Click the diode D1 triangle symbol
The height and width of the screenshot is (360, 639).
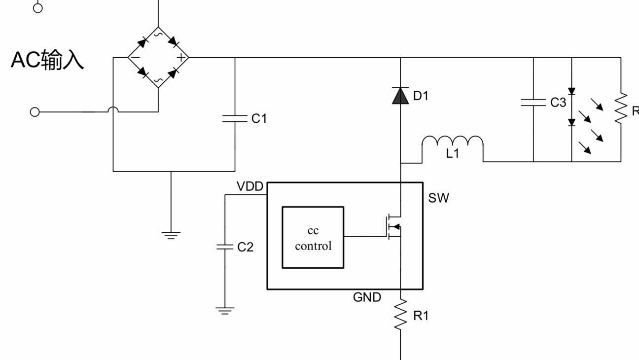(x=400, y=96)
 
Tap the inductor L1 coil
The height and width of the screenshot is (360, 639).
(x=453, y=142)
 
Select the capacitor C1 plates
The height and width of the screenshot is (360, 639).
(x=235, y=119)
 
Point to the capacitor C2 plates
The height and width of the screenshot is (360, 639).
(x=225, y=247)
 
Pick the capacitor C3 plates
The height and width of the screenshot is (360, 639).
(x=533, y=103)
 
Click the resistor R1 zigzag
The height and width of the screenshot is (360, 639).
(x=400, y=315)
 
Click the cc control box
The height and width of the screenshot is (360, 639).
(x=313, y=237)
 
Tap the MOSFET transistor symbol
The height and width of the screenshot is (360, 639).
(x=394, y=227)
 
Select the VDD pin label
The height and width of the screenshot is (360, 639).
(x=250, y=186)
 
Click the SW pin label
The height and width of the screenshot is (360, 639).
(x=438, y=198)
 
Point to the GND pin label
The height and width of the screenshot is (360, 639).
(x=367, y=297)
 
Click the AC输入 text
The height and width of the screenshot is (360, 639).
(x=47, y=60)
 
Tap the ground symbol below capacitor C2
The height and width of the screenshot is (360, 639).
(x=225, y=311)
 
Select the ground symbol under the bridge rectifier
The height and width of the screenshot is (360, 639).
(x=171, y=235)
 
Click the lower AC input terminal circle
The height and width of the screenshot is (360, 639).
(x=35, y=112)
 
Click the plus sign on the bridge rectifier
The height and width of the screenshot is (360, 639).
(x=181, y=58)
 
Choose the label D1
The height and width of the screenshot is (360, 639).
(x=421, y=96)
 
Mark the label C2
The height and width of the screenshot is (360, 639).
(x=245, y=247)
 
